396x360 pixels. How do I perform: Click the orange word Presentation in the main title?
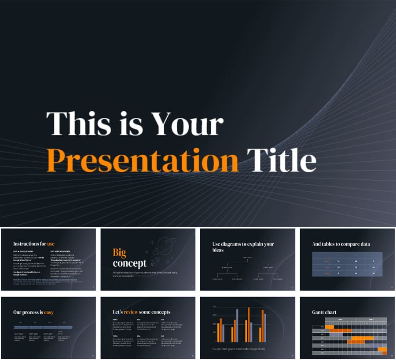tap(143, 160)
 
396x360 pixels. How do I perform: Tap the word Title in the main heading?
tap(282, 160)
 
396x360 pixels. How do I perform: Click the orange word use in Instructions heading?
tap(51, 244)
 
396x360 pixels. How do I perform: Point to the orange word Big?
tap(119, 252)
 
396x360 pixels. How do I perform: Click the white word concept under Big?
tap(129, 263)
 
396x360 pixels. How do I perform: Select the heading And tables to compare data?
tap(341, 244)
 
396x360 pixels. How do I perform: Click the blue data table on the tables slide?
tap(347, 264)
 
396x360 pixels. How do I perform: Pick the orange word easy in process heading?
tap(49, 313)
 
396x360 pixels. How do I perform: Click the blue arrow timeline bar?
tap(43, 327)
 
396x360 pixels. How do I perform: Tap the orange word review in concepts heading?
tap(131, 312)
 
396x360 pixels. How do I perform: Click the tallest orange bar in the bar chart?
tap(248, 324)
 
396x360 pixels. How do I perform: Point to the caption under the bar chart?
tap(238, 349)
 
